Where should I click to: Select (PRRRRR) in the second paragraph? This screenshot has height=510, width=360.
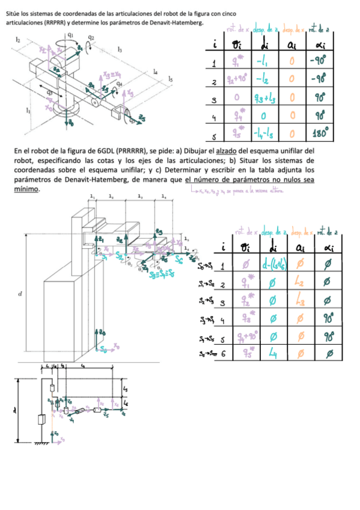pyautogui.click(x=124, y=149)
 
